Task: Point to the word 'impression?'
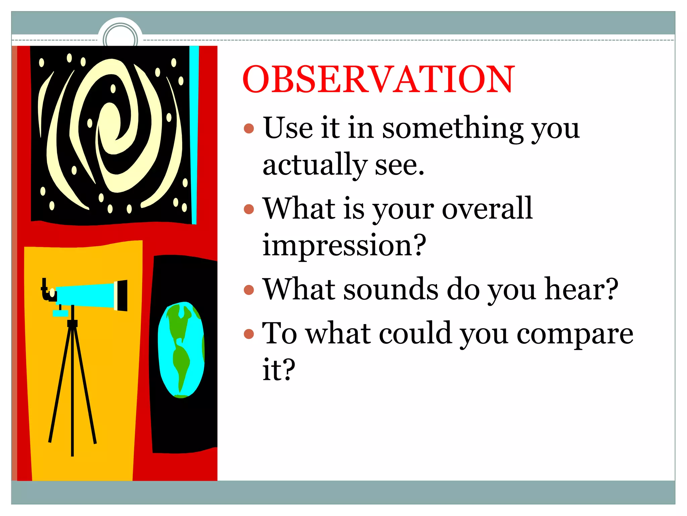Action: pyautogui.click(x=344, y=245)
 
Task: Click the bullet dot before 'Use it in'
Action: pyautogui.click(x=249, y=128)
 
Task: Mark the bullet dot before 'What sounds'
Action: pyautogui.click(x=249, y=290)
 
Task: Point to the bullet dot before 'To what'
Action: pyautogui.click(x=249, y=334)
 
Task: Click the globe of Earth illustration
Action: pyautogui.click(x=181, y=349)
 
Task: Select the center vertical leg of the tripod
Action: pyautogui.click(x=72, y=390)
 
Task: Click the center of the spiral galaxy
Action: pyautogui.click(x=111, y=124)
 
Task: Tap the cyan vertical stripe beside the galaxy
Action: pyautogui.click(x=194, y=134)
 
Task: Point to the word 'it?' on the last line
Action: pyautogui.click(x=278, y=370)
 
